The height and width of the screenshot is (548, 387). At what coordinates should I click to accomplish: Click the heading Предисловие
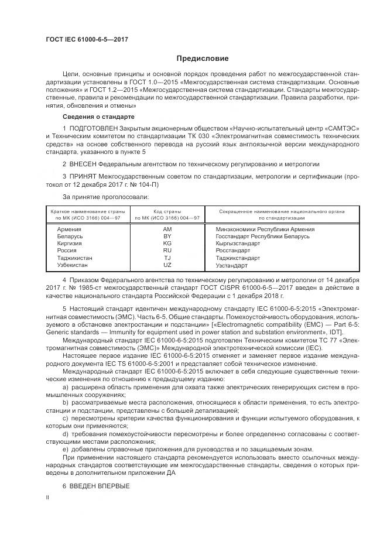coord(203,59)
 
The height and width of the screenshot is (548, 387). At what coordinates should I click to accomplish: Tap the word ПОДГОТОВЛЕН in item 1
coord(95,128)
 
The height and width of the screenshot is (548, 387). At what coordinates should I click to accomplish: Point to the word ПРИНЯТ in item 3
coord(85,176)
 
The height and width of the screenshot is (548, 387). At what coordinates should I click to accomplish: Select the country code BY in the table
coord(167,237)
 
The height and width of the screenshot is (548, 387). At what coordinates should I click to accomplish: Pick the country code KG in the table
coord(167,244)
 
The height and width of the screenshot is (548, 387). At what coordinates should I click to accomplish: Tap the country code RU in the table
coord(167,251)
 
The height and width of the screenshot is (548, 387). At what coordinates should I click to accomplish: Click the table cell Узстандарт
coord(232,265)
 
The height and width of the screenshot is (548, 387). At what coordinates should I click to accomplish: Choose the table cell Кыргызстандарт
coord(238,244)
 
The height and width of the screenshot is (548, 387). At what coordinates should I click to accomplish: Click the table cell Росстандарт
coord(233,251)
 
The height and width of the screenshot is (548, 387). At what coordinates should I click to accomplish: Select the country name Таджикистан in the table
coord(75,258)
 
